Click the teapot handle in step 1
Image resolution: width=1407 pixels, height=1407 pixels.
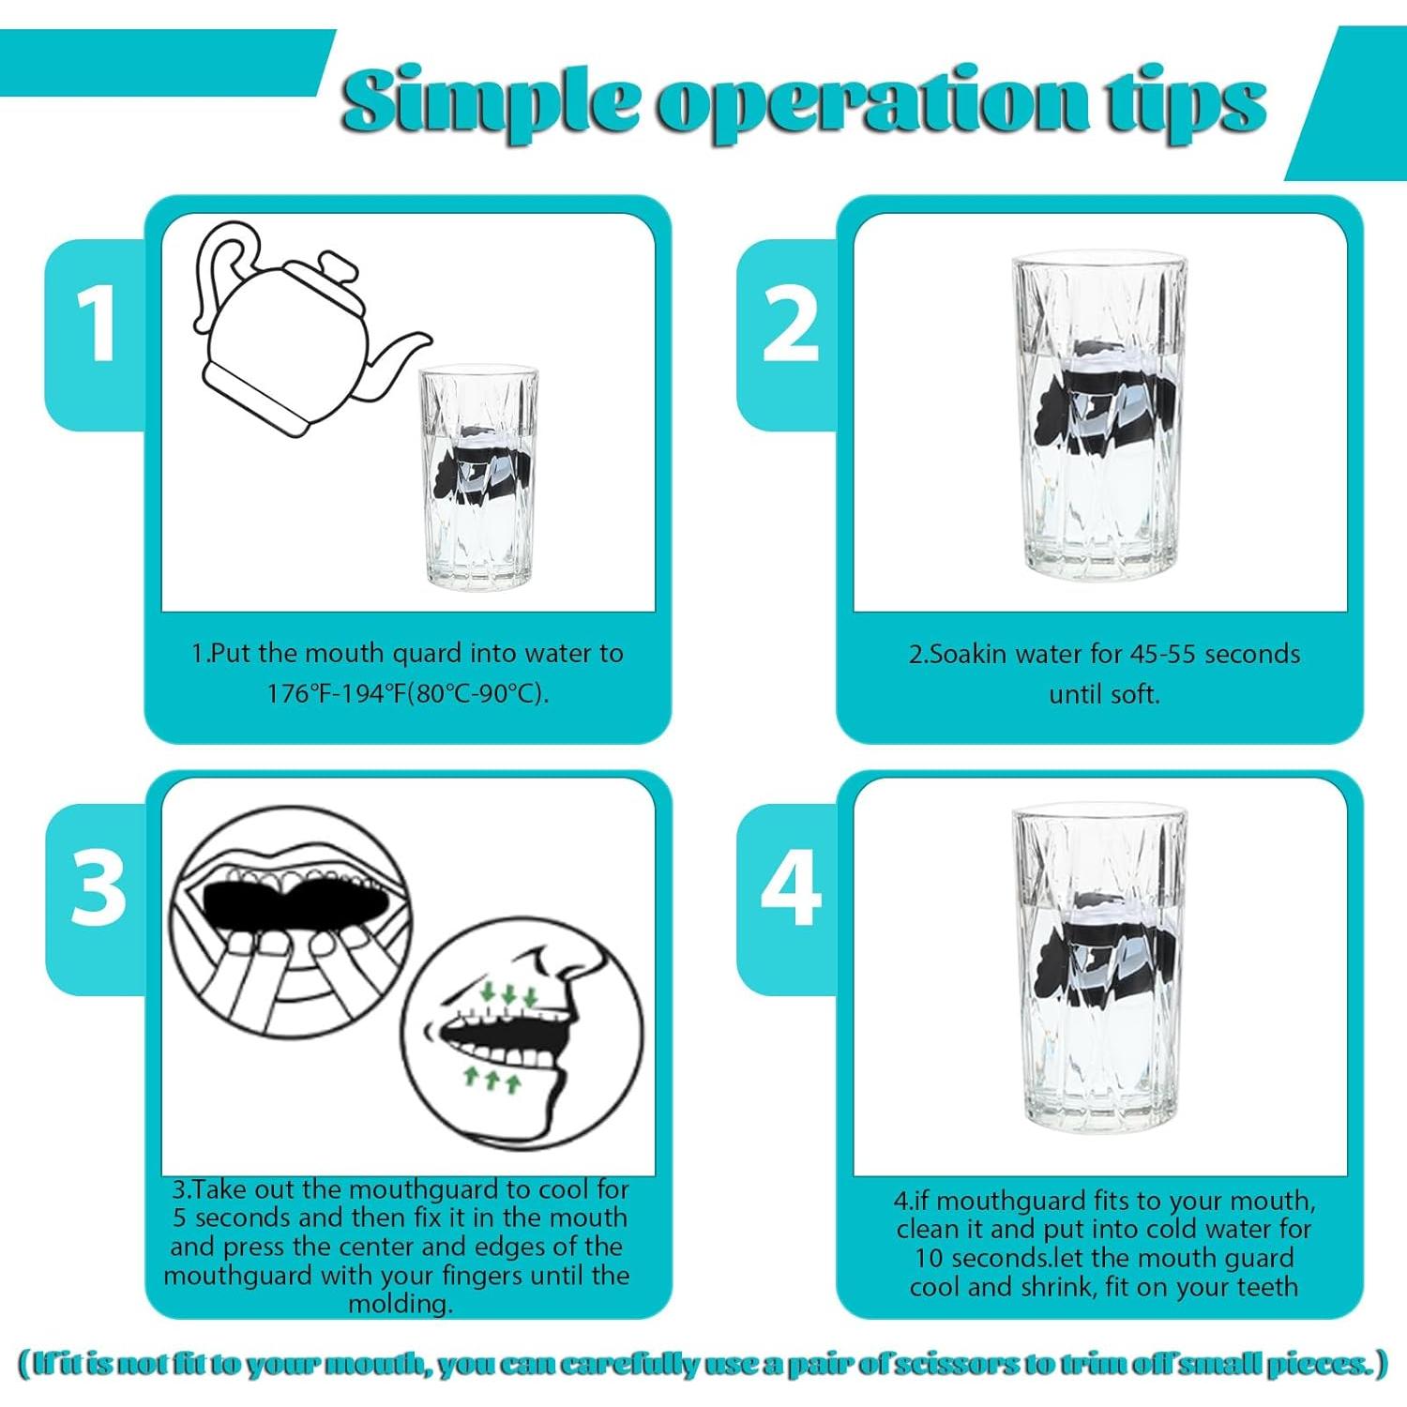(x=221, y=272)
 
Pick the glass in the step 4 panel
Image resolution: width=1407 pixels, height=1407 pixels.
(x=1099, y=970)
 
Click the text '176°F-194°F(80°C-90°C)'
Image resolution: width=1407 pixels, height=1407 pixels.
(x=407, y=694)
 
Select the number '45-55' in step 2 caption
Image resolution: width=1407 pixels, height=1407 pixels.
(x=1158, y=654)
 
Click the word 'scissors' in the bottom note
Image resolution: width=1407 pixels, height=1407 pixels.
(x=952, y=1364)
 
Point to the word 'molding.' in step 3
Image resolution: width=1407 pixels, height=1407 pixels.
(x=401, y=1304)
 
